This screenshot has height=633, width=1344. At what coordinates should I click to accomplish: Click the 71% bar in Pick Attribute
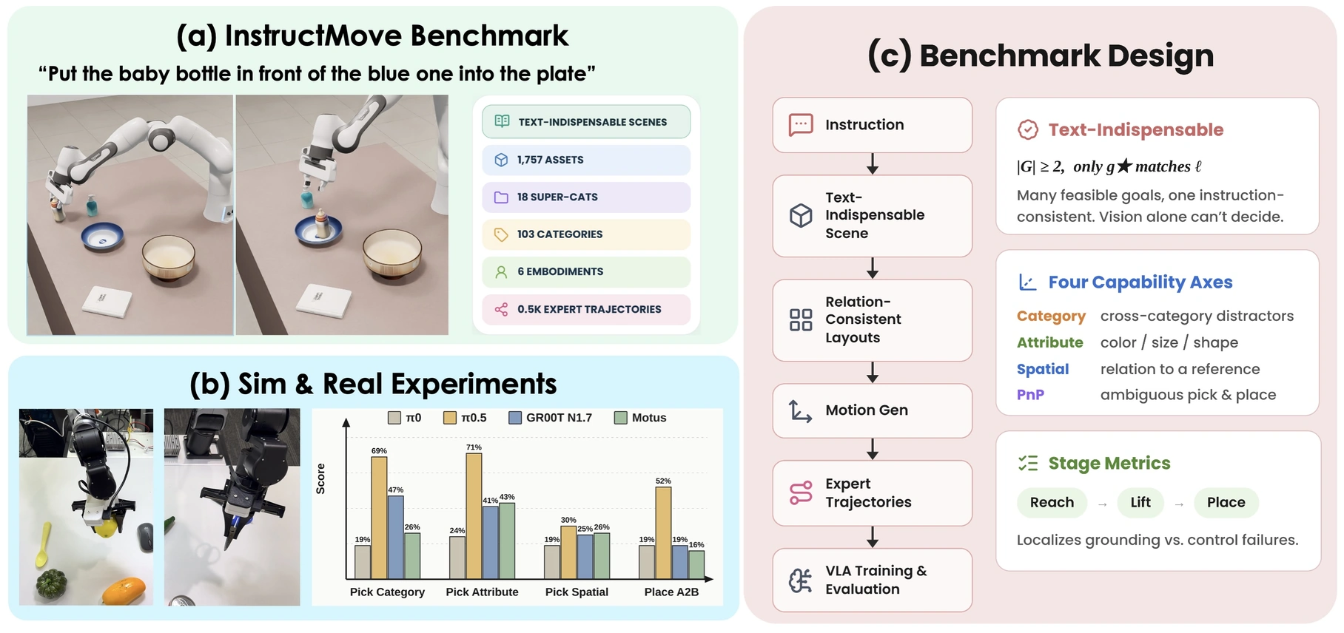pos(474,515)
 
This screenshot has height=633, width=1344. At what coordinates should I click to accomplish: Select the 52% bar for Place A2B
pos(663,532)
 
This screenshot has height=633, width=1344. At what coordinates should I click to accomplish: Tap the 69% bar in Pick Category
pos(379,518)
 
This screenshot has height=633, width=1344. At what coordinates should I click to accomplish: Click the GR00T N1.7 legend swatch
pos(515,418)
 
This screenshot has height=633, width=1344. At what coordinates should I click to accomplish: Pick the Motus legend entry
pos(641,418)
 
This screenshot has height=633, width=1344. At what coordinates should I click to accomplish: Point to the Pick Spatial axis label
pos(577,592)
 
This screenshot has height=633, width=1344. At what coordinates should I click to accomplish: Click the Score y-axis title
pos(320,478)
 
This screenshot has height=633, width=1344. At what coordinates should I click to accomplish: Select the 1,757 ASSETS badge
pos(586,160)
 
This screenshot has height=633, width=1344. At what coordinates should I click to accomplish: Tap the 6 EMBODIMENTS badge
pos(586,271)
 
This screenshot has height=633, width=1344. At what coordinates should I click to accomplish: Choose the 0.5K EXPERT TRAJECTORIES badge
pos(586,309)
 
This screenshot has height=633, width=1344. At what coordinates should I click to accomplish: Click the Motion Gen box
pos(873,410)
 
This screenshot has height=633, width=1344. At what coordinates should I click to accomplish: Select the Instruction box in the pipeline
pos(873,125)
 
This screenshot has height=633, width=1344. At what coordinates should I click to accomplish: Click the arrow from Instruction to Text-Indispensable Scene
pos(873,163)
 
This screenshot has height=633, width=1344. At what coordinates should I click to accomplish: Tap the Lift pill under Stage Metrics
pos(1140,503)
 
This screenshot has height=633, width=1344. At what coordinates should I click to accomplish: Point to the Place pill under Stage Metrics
pos(1226,503)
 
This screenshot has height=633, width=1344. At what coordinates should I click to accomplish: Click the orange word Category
pos(1051,316)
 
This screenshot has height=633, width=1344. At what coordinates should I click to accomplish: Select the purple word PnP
pos(1030,395)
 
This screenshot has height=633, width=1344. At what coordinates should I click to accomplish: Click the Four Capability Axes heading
pos(1140,282)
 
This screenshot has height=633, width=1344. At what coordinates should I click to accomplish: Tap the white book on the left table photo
pos(107,301)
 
